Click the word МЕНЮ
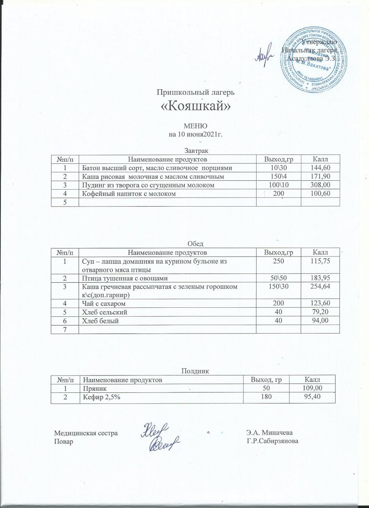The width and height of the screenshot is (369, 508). pos(195,126)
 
